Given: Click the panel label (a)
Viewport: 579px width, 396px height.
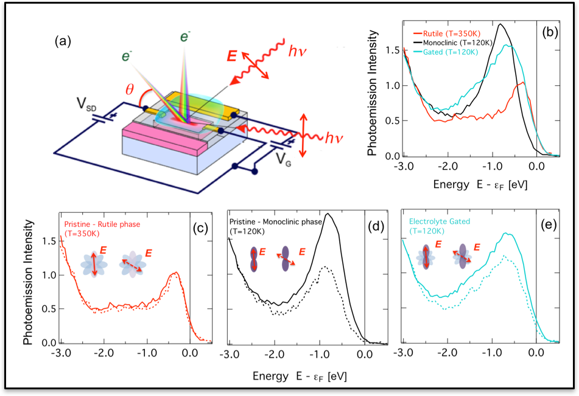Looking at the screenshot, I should (63, 41).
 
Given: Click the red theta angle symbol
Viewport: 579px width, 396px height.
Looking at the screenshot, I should (130, 89).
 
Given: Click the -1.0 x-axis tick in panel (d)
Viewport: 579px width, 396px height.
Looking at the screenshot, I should (320, 355).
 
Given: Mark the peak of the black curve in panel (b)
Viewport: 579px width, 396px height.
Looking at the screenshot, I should (500, 24).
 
